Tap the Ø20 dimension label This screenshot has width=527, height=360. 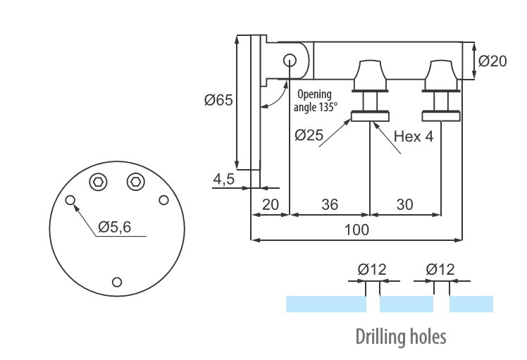[492, 61]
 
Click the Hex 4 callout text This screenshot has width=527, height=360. [413, 137]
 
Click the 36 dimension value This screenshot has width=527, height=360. [329, 204]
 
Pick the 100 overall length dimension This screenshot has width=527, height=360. [357, 230]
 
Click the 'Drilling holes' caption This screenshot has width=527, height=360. [401, 336]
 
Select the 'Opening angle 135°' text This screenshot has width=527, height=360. [316, 100]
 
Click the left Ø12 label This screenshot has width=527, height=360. [372, 270]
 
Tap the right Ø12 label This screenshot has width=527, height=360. [440, 270]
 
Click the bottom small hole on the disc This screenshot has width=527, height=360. [117, 283]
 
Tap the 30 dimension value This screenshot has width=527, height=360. [405, 204]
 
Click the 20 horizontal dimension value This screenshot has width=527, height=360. [270, 204]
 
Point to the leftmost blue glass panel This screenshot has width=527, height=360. [325, 304]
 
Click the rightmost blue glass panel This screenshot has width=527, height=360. [471, 304]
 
